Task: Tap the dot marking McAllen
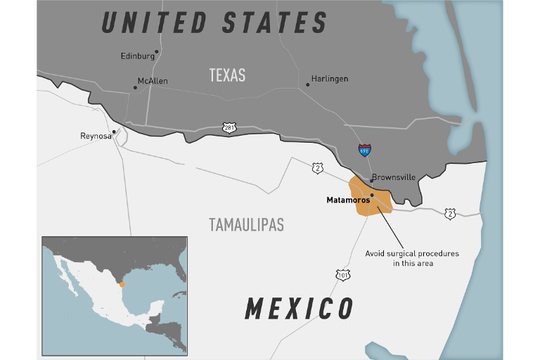135,88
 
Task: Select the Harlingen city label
330,79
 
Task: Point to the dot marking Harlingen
307,85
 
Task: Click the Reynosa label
96,136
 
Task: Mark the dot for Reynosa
113,131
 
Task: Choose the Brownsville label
394,177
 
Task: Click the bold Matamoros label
348,200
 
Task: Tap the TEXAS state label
227,75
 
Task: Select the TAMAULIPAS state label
246,225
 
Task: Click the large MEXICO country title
299,308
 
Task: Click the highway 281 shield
230,128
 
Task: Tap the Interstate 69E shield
364,150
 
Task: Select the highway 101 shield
342,274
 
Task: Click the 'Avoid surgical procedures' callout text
411,258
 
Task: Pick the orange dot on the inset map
122,285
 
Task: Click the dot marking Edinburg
157,51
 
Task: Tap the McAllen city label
153,82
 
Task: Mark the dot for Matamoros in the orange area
372,195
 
